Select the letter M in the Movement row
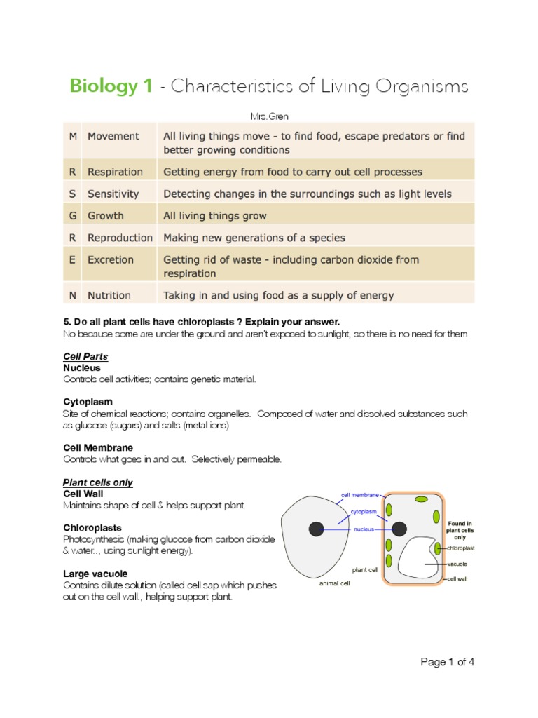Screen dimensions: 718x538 pyautogui.click(x=73, y=136)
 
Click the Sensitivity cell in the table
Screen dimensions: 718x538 pyautogui.click(x=113, y=194)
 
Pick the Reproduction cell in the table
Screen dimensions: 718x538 pyautogui.click(x=119, y=238)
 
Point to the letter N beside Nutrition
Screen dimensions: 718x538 pyautogui.click(x=73, y=295)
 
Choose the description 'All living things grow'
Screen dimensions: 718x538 pyautogui.click(x=215, y=216)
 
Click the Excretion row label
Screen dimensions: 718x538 pyautogui.click(x=110, y=259)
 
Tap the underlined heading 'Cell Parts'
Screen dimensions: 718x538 pyautogui.click(x=85, y=357)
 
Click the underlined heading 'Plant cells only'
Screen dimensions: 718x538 pyautogui.click(x=98, y=482)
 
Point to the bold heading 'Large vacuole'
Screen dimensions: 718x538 pyautogui.click(x=95, y=574)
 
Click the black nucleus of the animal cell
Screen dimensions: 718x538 pyautogui.click(x=317, y=529)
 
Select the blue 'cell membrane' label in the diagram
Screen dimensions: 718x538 pyautogui.click(x=359, y=495)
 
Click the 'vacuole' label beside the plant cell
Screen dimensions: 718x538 pyautogui.click(x=457, y=564)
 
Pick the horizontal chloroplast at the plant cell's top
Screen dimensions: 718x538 pyautogui.click(x=421, y=499)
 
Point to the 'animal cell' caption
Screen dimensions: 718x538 pyautogui.click(x=334, y=583)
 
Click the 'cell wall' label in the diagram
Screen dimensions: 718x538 pyautogui.click(x=458, y=579)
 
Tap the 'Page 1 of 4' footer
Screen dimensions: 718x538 pyautogui.click(x=447, y=662)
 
